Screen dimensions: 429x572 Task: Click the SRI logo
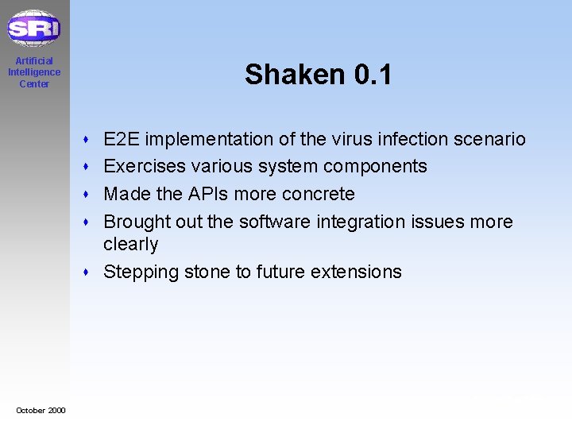tap(33, 29)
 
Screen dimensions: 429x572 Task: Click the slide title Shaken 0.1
tap(318, 75)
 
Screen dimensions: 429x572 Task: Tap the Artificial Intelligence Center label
tap(33, 72)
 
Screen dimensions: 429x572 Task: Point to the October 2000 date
tap(41, 410)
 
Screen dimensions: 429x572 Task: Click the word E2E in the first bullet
tap(122, 140)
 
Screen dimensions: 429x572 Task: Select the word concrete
tap(319, 194)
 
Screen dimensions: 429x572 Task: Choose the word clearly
tap(131, 245)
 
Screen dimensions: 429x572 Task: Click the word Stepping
tap(141, 272)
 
